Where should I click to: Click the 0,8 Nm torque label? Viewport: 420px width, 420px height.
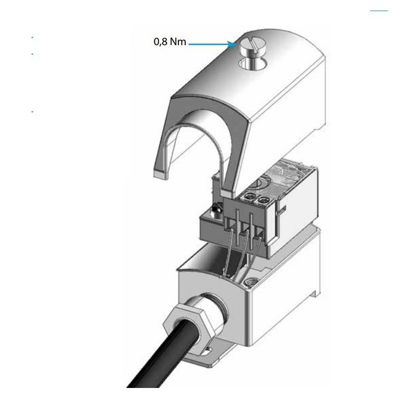[x=170, y=42]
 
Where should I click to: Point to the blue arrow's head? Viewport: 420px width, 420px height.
[x=231, y=44]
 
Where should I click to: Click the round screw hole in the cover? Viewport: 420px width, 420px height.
[x=253, y=64]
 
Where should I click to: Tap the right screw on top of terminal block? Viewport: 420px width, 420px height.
[x=264, y=199]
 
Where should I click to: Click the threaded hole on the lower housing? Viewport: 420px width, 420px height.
[x=250, y=282]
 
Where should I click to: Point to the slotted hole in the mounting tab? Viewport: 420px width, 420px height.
[x=207, y=351]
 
